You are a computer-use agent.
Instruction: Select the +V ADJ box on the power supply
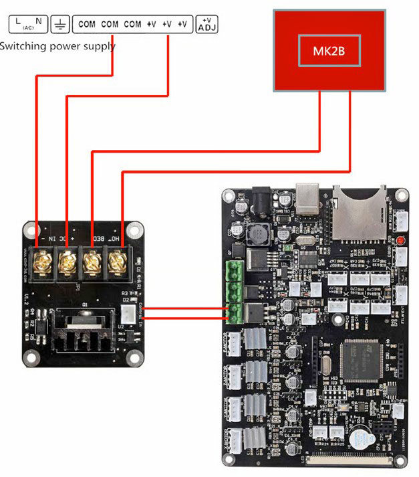click(206, 25)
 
